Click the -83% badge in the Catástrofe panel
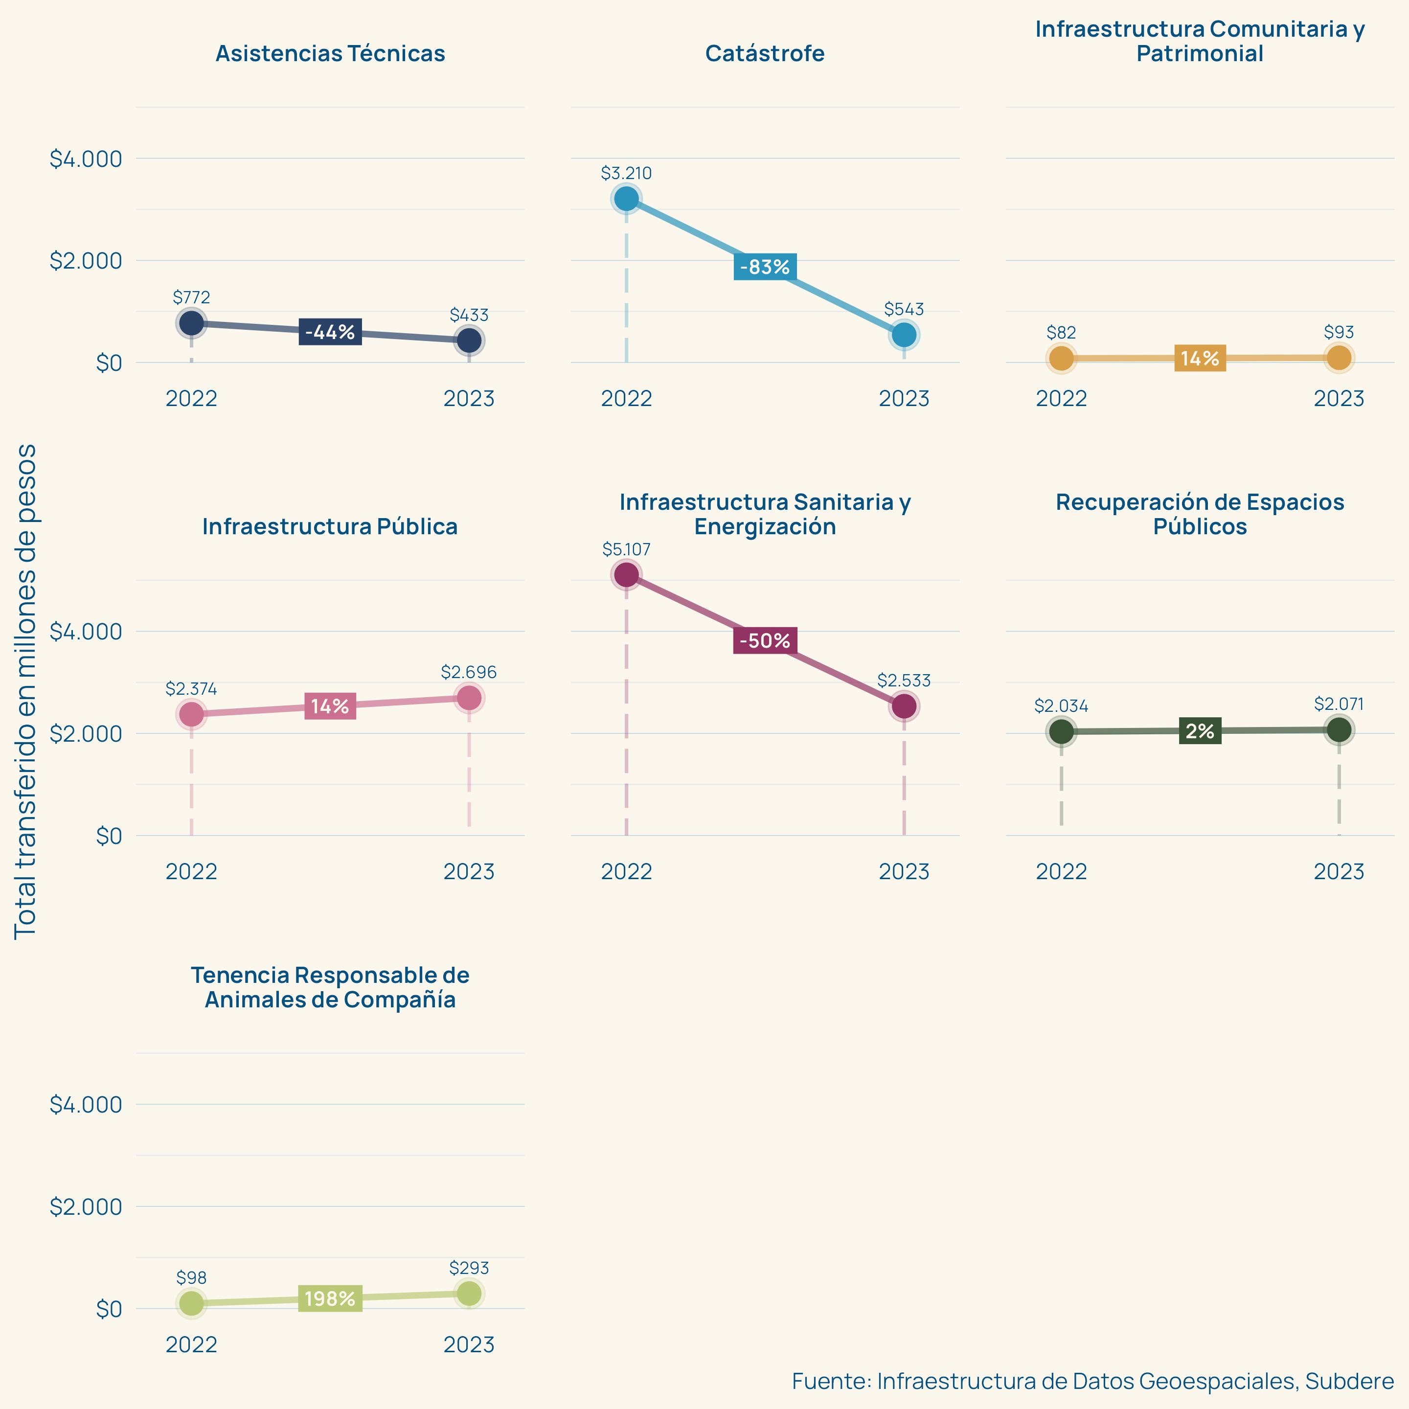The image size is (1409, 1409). tap(765, 267)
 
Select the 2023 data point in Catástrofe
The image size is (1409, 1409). tap(904, 335)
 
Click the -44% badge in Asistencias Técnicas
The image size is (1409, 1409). tap(330, 332)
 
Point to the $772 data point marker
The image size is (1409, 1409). tap(191, 322)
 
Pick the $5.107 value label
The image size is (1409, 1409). tap(626, 549)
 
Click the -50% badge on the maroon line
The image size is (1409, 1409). tap(765, 640)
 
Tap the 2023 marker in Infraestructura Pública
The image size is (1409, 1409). tap(469, 698)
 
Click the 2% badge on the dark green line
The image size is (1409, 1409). tap(1200, 731)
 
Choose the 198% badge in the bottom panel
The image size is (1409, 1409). tap(330, 1299)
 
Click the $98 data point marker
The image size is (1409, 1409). tap(191, 1303)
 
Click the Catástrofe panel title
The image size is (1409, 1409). tap(765, 53)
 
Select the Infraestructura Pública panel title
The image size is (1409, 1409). tap(330, 526)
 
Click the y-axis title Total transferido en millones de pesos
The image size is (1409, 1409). tap(25, 691)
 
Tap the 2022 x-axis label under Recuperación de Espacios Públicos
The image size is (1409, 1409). tap(1061, 871)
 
